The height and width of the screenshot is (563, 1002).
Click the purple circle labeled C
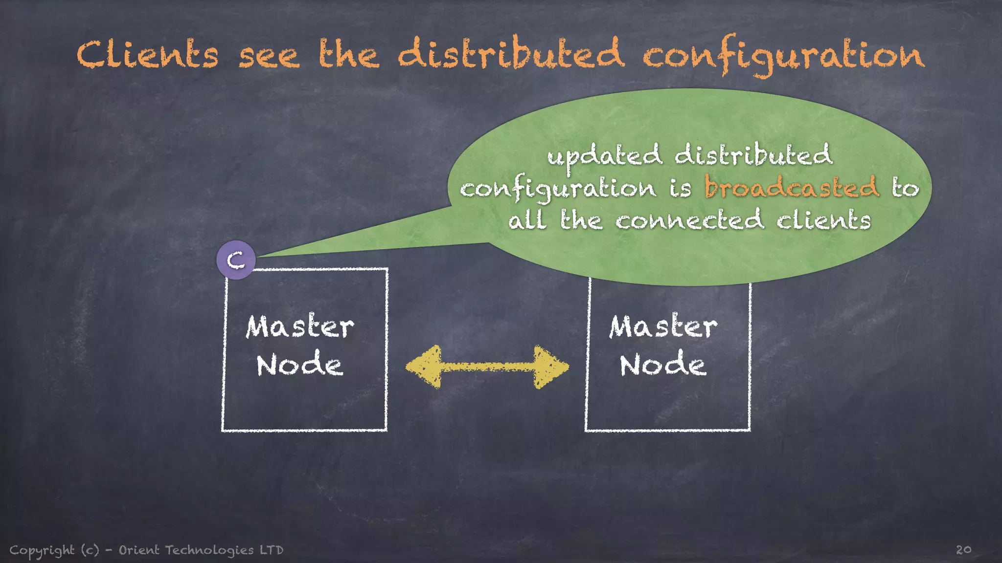[236, 260]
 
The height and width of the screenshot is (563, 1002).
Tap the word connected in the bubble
[689, 219]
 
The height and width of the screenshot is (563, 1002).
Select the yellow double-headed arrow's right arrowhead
[550, 367]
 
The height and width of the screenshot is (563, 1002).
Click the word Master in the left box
[300, 326]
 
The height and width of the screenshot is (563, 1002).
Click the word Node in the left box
[299, 365]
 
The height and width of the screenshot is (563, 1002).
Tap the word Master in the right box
[663, 326]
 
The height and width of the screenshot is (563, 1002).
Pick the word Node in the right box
[663, 365]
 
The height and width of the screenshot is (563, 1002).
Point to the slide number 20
[963, 550]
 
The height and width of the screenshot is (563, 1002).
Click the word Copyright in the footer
[42, 550]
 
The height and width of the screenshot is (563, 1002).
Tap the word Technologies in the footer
[209, 550]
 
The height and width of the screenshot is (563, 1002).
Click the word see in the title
[269, 55]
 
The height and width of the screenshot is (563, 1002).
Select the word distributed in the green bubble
[753, 155]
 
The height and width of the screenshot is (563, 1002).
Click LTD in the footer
[272, 550]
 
